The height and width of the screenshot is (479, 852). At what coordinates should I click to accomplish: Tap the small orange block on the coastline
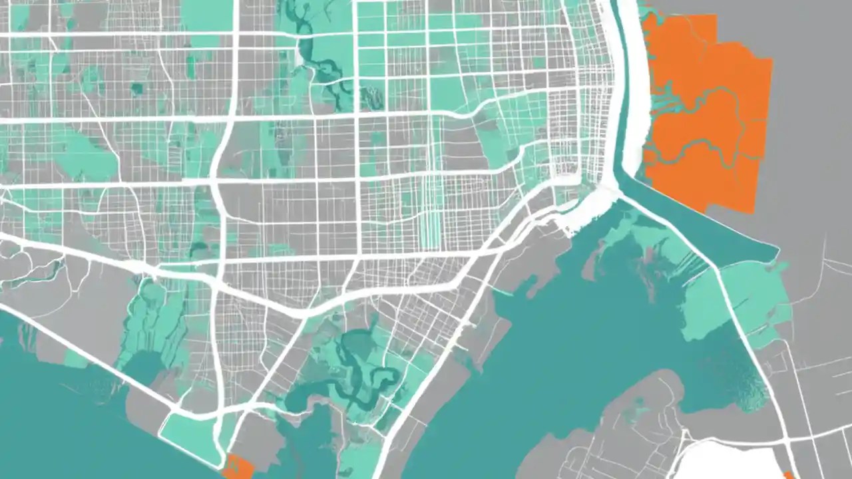tap(238, 467)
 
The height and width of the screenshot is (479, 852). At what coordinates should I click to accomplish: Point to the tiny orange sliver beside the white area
tap(789, 472)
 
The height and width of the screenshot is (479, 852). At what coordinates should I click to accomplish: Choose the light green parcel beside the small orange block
tap(193, 432)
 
